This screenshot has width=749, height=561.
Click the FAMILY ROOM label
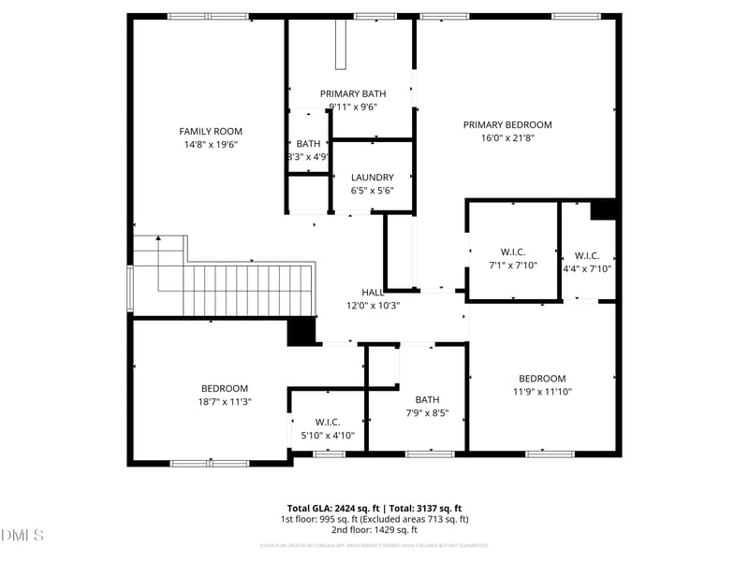pyautogui.click(x=211, y=131)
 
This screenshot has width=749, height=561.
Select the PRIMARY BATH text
pyautogui.click(x=353, y=93)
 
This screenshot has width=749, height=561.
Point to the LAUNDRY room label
pyautogui.click(x=372, y=178)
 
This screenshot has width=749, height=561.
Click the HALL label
pyautogui.click(x=373, y=293)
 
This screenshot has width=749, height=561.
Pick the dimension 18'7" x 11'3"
pyautogui.click(x=225, y=401)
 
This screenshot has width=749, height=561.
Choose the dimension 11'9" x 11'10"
pyautogui.click(x=542, y=392)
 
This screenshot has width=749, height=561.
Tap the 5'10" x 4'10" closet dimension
pyautogui.click(x=328, y=436)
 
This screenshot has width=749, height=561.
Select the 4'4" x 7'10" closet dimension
pyautogui.click(x=587, y=269)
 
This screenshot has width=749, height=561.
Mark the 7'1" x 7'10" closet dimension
pyautogui.click(x=513, y=266)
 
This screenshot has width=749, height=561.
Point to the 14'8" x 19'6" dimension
pyautogui.click(x=211, y=144)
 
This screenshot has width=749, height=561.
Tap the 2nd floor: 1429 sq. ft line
pyautogui.click(x=374, y=530)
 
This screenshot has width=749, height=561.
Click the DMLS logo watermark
pyautogui.click(x=22, y=536)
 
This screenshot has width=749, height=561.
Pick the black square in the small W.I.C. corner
pyautogui.click(x=602, y=209)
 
